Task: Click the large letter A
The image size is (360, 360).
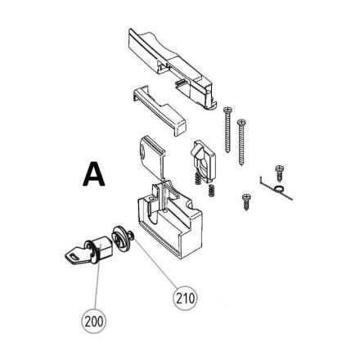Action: [x=93, y=174]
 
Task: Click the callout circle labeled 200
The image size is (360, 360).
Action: [x=94, y=322]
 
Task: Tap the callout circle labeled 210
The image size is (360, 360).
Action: [x=185, y=298]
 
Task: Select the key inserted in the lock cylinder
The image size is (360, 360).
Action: [x=77, y=255]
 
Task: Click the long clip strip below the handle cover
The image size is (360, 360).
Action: [x=160, y=110]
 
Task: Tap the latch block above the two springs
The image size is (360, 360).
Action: [x=205, y=161]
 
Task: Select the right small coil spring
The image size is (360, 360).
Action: [x=210, y=190]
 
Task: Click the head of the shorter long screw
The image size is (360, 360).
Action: [x=227, y=110]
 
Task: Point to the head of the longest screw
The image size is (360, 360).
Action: [x=241, y=123]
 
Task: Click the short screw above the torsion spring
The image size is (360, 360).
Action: [x=280, y=173]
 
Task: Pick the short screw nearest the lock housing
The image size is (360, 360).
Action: [x=246, y=202]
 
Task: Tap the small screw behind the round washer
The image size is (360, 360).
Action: [x=131, y=236]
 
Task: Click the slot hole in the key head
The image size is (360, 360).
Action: [x=74, y=256]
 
